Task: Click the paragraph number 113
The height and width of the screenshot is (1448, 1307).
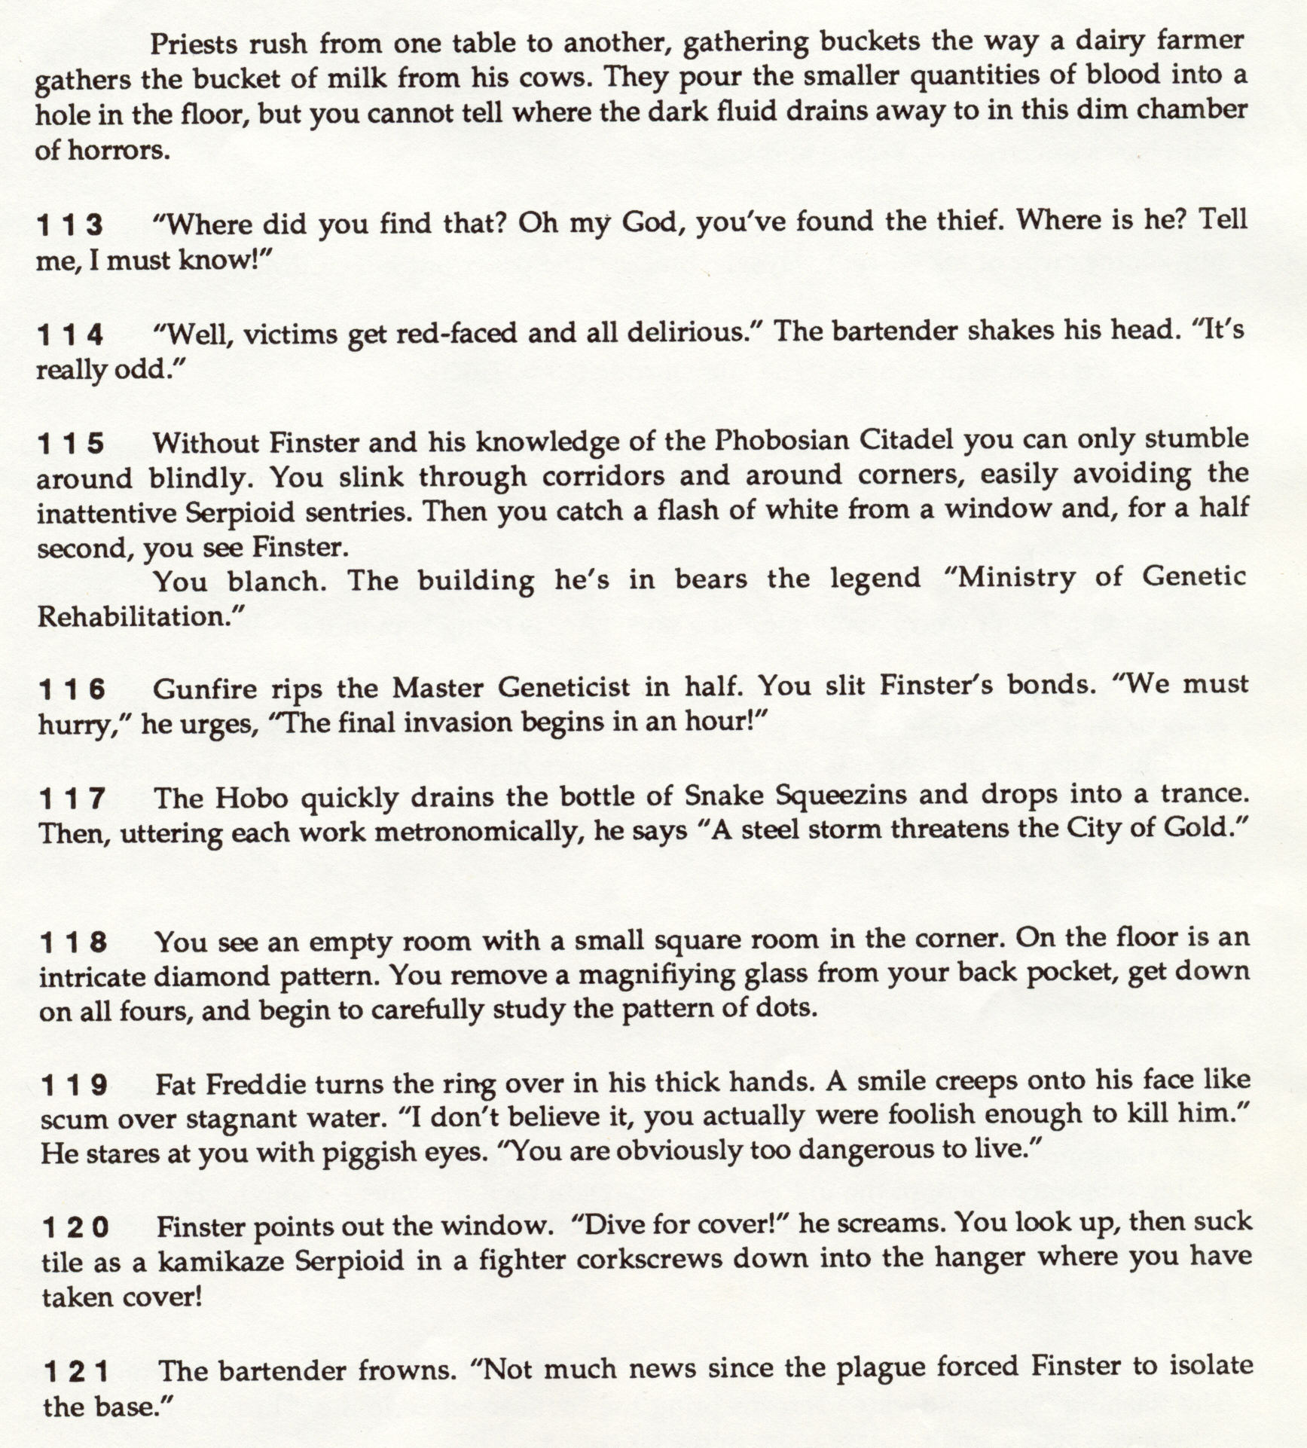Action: point(69,225)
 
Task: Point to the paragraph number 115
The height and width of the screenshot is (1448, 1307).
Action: point(71,444)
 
